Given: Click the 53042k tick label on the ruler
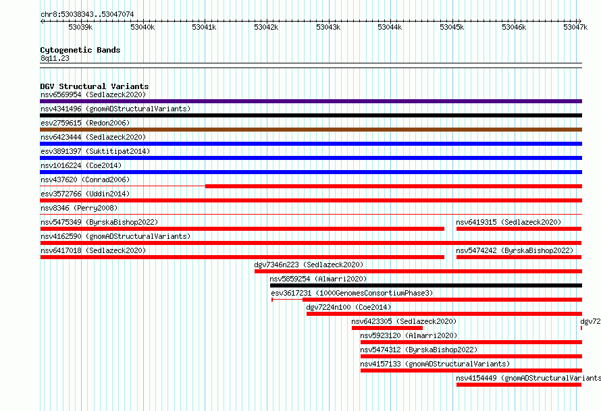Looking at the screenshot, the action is coord(266,27).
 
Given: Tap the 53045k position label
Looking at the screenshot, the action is coord(452,27).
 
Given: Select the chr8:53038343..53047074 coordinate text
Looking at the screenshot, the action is coord(87,15).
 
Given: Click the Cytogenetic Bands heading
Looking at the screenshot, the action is coord(80,50).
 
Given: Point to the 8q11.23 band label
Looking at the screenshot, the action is coord(55,58).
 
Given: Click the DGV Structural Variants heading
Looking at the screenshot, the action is coord(95,86).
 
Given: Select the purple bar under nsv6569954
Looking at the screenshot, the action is coord(311,101).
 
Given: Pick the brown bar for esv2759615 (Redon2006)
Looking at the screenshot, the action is coord(311,130).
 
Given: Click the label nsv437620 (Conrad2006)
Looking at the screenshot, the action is coord(85,180).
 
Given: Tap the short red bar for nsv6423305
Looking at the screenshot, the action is coord(387,328).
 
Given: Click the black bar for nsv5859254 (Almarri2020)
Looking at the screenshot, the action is coord(426,285).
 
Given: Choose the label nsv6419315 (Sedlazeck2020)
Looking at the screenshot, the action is coord(508,222).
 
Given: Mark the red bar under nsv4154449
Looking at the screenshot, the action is coord(519,385).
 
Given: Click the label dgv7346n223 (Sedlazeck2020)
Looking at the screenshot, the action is coord(309,265).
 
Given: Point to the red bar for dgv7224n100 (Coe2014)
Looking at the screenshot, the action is coord(444,314).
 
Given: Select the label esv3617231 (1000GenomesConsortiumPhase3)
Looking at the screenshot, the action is coord(352,293).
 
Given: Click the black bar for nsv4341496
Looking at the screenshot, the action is coord(311,115).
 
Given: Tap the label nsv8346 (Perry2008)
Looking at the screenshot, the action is coord(79,208).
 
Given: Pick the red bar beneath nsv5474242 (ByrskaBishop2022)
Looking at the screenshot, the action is coord(519,257).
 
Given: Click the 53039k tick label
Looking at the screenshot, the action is coord(80,27).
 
